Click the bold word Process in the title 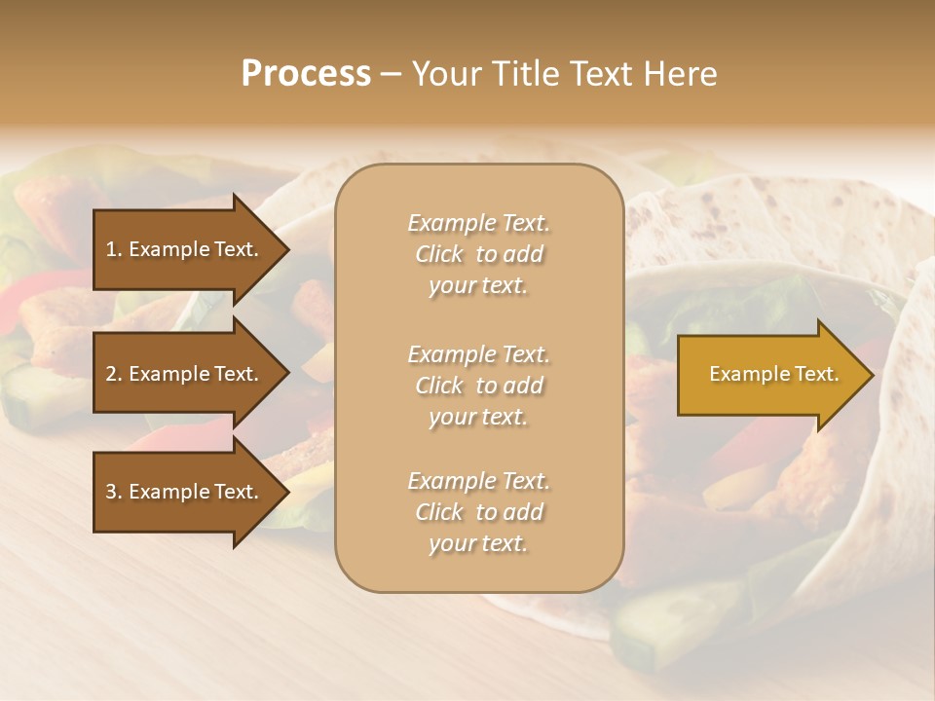[306, 74]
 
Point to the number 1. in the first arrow [113, 249]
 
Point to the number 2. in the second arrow [113, 374]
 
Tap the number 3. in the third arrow [113, 492]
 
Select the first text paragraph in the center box [478, 254]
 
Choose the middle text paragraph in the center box [478, 385]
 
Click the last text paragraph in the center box [478, 512]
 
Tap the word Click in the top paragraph [439, 254]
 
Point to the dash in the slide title [390, 74]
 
